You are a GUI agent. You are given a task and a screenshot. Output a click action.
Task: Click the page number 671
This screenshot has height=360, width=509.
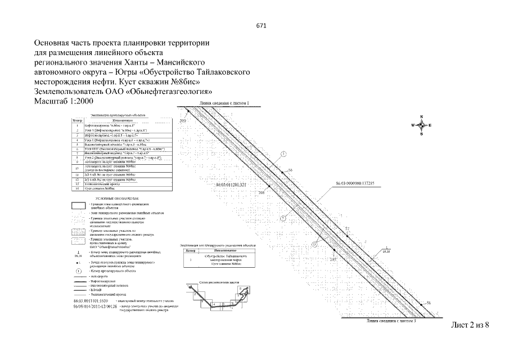click(x=260, y=26)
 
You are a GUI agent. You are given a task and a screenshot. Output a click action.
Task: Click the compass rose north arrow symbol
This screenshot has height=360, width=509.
click(x=421, y=125)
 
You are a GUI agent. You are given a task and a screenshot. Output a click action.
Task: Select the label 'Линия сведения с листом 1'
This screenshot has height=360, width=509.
click(x=224, y=104)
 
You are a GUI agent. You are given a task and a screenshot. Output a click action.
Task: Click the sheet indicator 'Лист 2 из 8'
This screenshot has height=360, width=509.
click(x=471, y=327)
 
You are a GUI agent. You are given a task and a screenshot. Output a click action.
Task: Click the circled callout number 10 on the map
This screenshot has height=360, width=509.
click(x=314, y=244)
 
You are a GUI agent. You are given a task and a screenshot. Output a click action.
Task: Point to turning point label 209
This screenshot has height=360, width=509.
click(x=182, y=121)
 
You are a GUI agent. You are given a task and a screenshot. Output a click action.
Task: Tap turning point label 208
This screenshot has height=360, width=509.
click(x=261, y=193)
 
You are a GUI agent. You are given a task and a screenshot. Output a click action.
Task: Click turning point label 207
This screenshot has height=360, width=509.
click(x=332, y=259)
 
